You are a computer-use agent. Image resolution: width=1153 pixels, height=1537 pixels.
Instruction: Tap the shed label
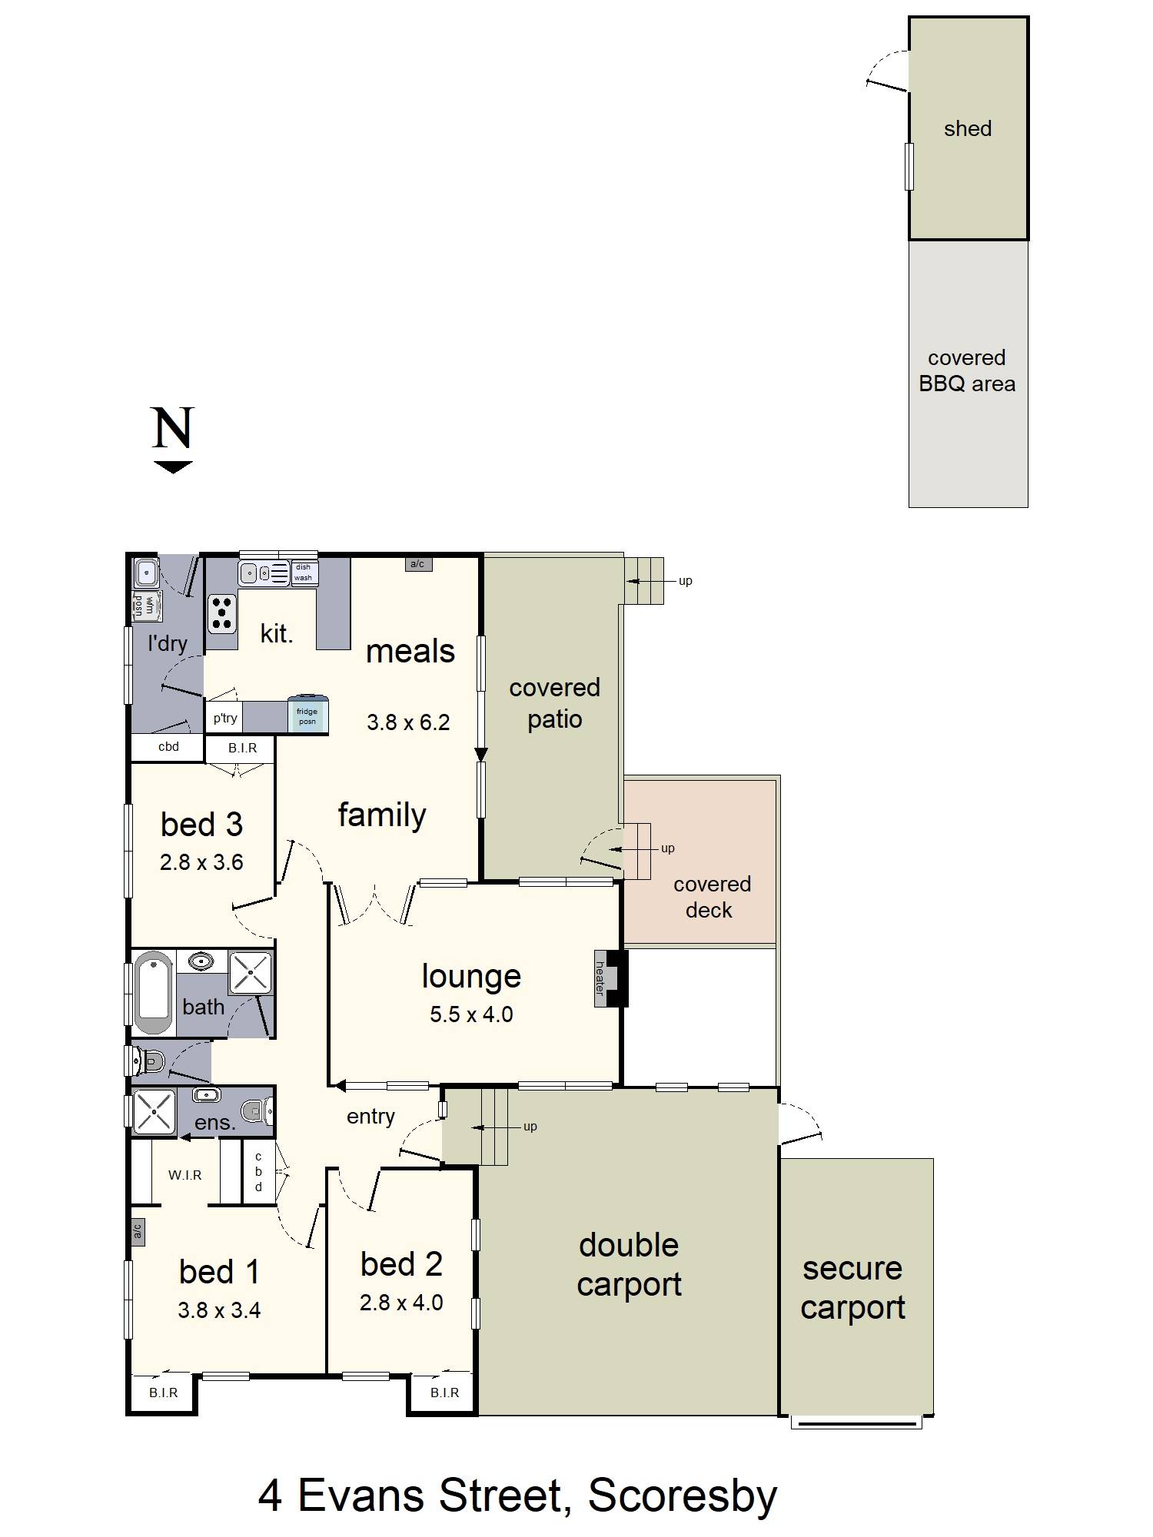968,128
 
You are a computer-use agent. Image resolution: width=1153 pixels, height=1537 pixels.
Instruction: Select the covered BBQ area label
967,370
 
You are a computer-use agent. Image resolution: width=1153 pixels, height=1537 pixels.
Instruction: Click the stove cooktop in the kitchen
222,614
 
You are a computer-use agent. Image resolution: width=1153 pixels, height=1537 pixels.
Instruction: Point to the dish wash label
304,573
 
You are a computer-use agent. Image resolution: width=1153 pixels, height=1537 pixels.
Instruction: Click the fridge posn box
307,715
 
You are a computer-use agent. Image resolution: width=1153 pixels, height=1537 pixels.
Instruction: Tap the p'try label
225,719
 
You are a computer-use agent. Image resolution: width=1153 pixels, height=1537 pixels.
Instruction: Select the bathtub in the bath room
154,993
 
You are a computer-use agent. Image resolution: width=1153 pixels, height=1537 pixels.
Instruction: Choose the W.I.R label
185,1175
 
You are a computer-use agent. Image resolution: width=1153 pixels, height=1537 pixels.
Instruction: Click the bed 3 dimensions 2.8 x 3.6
201,862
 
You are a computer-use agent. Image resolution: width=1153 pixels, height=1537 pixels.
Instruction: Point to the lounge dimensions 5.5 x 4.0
471,1014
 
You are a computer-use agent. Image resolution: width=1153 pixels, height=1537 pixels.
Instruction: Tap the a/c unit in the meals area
417,564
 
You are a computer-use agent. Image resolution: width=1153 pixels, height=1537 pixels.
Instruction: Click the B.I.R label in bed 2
445,1393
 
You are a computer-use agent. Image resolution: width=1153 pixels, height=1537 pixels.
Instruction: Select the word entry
370,1117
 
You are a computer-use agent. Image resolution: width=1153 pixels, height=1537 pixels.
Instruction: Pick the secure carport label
853,1288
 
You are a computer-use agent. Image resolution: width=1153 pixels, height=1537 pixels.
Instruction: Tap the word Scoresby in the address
683,1496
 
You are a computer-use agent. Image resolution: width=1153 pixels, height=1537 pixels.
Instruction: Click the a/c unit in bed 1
138,1231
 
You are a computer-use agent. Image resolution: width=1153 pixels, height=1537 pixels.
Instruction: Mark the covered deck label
711,897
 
